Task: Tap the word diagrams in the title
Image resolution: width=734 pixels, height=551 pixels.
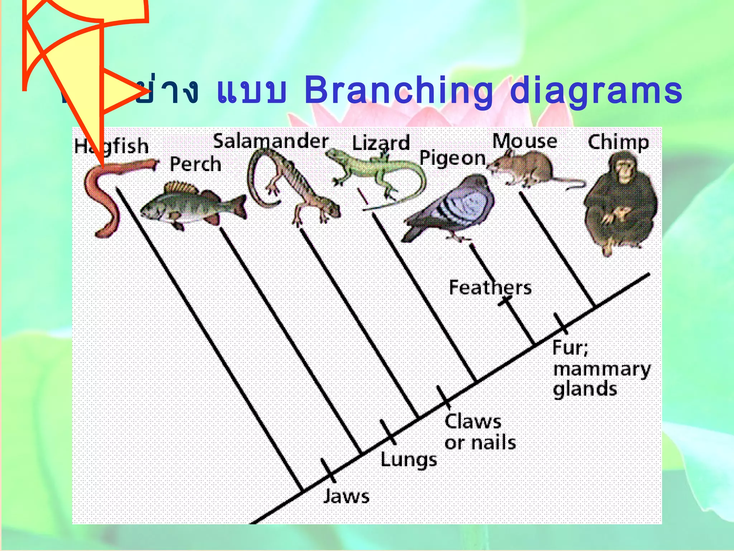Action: tap(596, 91)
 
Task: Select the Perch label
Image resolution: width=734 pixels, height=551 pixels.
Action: tap(195, 164)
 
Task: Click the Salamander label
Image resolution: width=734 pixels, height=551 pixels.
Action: tap(271, 141)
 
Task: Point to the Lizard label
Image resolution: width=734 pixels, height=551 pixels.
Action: tap(381, 143)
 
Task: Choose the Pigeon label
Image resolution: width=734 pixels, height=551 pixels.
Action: tap(452, 158)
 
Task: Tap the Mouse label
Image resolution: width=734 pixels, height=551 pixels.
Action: tap(524, 141)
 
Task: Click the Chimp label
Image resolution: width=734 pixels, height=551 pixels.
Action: tap(618, 142)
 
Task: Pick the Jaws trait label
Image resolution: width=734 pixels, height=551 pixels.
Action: tap(346, 497)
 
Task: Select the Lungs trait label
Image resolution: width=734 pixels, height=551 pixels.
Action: tap(409, 460)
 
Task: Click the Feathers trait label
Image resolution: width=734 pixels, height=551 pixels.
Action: tap(490, 288)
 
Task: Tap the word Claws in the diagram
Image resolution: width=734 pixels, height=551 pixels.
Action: tap(473, 422)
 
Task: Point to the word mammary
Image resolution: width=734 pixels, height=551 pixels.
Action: tap(602, 369)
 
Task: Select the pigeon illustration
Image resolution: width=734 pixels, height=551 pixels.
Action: tap(452, 208)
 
